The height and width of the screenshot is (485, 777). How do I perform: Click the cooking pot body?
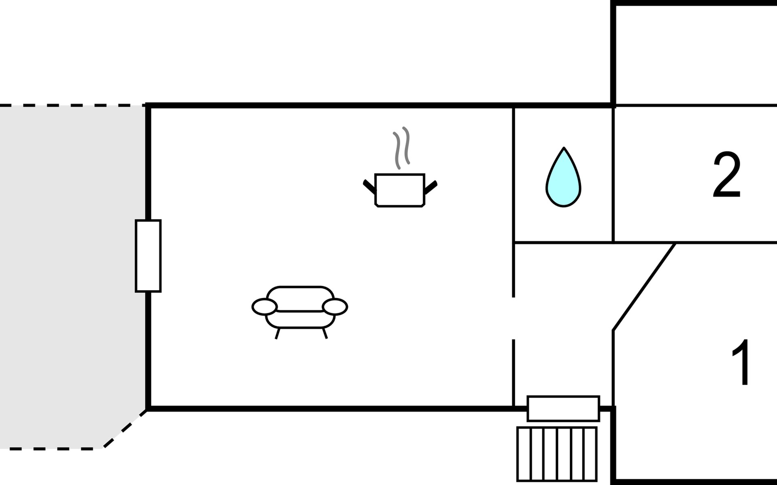[400, 190]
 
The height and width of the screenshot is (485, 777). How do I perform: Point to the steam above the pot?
[401, 148]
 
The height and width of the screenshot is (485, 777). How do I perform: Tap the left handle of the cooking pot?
[369, 186]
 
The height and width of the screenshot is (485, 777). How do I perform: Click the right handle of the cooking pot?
[431, 187]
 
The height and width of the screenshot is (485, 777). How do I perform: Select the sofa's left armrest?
[265, 307]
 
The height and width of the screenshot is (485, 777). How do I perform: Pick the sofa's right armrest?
[335, 307]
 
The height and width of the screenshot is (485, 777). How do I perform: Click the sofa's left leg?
[278, 333]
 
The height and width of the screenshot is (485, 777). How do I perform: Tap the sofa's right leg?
[325, 333]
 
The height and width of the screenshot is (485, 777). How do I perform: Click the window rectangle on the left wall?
[148, 256]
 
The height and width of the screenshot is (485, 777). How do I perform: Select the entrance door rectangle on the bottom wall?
[563, 408]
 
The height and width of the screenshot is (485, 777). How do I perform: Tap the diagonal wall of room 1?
[644, 287]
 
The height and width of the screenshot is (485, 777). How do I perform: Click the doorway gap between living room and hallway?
[514, 318]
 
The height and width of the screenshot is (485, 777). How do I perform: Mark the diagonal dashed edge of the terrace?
[125, 429]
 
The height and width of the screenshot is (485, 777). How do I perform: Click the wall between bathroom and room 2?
[614, 175]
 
